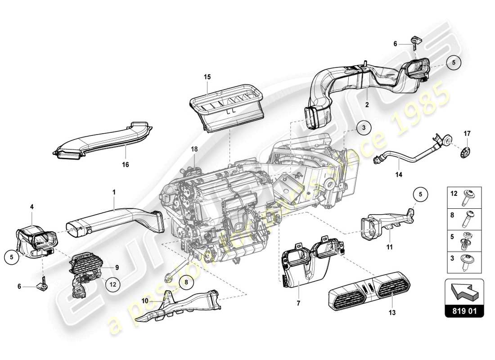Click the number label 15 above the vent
pyautogui.click(x=207, y=77)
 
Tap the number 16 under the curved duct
pyautogui.click(x=125, y=165)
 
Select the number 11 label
pyautogui.click(x=390, y=247)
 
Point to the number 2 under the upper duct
pyautogui.click(x=367, y=104)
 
